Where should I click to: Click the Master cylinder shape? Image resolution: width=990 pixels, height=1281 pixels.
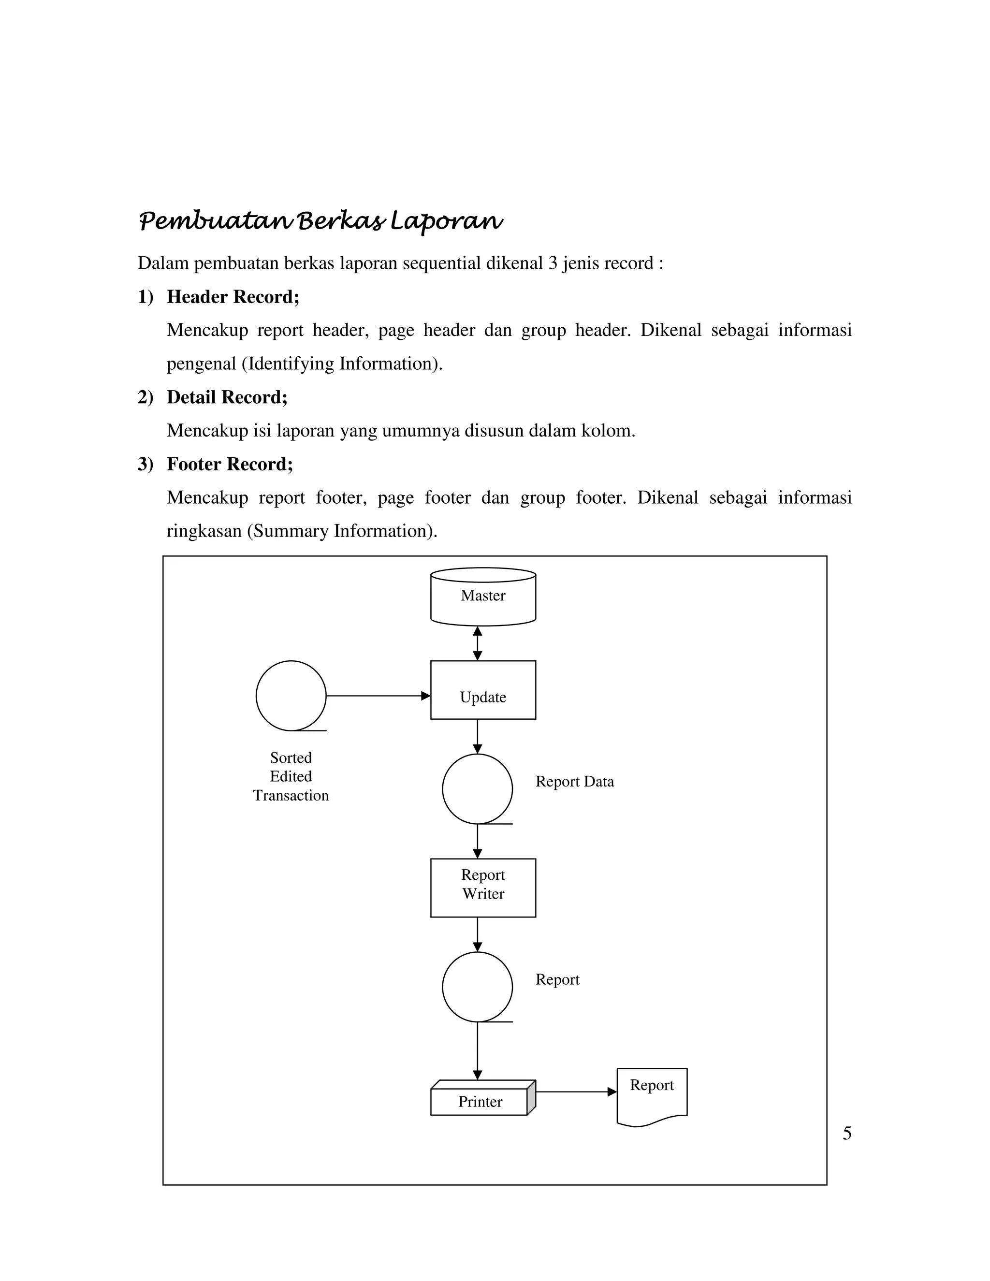483,597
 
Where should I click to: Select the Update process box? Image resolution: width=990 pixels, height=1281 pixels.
483,690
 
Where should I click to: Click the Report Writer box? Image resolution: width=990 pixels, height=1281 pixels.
483,888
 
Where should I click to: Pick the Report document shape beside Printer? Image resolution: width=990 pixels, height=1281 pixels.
652,1094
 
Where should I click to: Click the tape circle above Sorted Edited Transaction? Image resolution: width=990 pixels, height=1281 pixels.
291,696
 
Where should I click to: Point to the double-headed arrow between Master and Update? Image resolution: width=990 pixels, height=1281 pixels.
478,643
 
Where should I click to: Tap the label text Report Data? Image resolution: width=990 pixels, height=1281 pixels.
574,782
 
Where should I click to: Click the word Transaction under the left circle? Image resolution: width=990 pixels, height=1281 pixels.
291,795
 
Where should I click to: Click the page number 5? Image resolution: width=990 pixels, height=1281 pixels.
847,1133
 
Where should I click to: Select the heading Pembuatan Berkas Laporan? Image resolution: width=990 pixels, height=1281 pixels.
320,222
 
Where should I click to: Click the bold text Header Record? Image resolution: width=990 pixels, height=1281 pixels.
233,297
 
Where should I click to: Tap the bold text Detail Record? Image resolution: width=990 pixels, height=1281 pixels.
227,397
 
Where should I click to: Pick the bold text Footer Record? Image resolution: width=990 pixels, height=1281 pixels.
229,464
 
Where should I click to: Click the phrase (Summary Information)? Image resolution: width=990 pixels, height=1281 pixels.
342,531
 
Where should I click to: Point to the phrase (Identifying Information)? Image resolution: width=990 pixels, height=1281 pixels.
342,364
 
